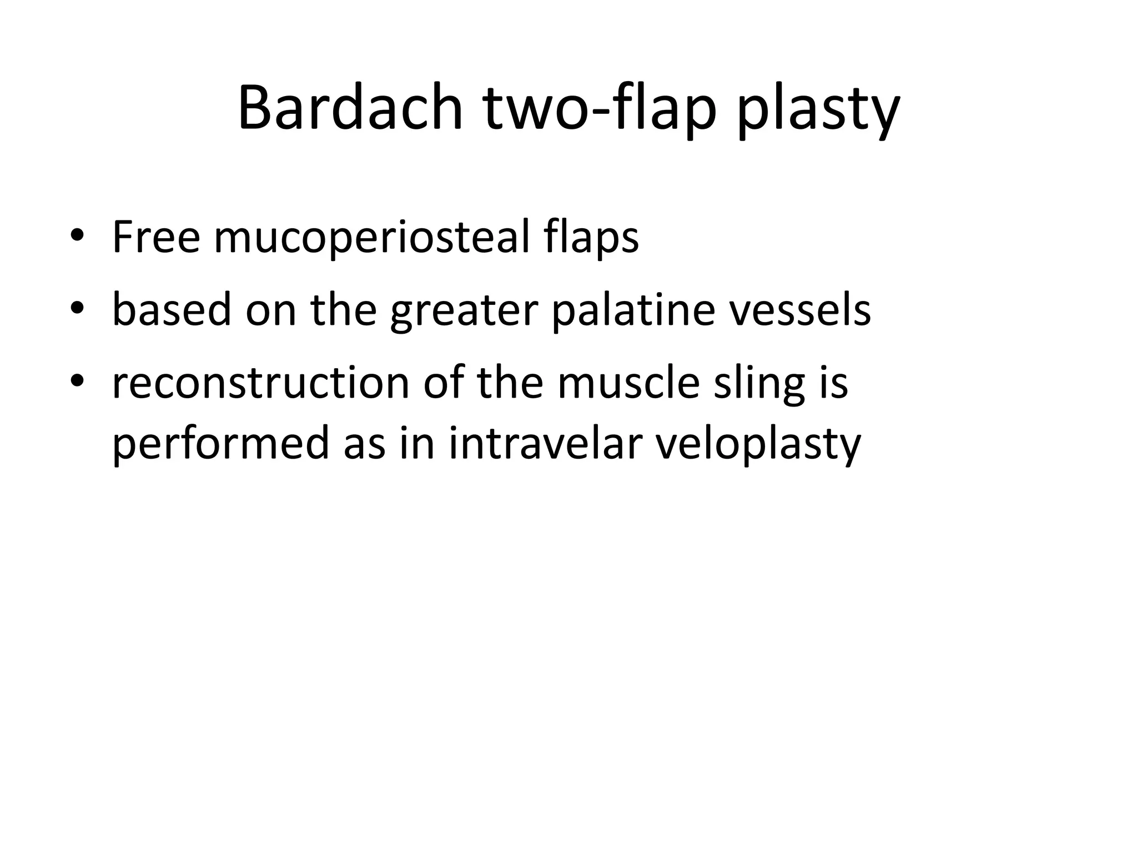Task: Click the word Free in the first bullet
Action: [x=156, y=237]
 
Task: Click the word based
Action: [x=172, y=309]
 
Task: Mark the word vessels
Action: [x=800, y=309]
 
